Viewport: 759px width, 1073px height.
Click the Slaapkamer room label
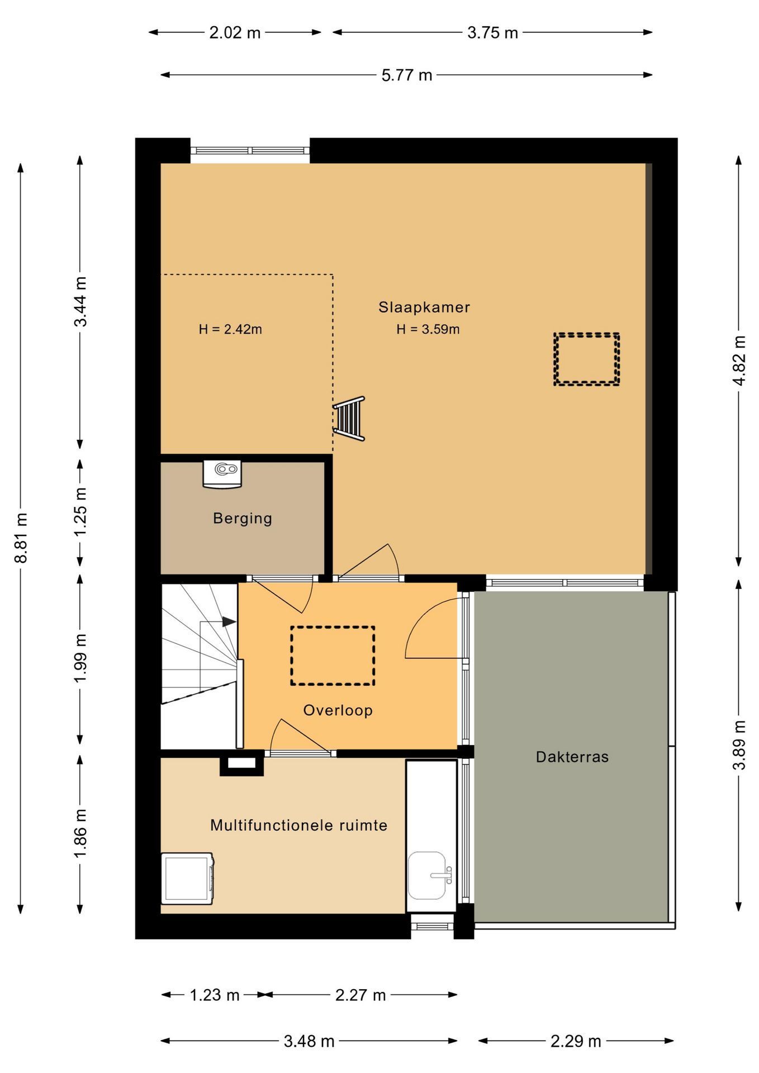424,307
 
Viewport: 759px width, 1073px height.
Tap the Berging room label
243,518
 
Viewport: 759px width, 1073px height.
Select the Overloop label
338,710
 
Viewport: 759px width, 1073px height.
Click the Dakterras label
572,757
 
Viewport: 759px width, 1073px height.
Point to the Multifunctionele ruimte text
298,825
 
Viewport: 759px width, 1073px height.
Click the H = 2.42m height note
230,329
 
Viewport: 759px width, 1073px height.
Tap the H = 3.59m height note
428,329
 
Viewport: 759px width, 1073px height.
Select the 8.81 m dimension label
22,538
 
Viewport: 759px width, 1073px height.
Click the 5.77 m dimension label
407,75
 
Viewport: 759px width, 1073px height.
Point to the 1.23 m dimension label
215,995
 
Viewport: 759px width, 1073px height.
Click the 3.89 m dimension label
739,746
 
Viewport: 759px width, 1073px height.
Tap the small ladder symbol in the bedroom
349,419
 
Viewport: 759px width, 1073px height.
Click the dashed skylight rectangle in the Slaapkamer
586,359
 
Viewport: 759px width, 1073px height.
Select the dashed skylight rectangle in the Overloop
333,656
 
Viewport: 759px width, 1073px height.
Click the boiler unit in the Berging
222,473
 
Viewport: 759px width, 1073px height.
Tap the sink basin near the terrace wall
428,875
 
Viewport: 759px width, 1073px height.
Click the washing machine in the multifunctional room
187,878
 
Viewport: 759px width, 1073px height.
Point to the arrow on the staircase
228,621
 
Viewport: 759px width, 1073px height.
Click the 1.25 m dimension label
81,511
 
